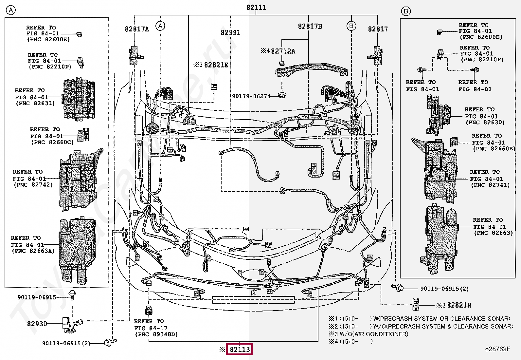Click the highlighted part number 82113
240,350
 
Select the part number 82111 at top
256,7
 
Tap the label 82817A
137,29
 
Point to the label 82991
230,32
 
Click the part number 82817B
310,27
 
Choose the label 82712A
283,51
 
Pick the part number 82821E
216,65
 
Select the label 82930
37,324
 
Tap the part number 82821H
459,305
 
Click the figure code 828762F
497,349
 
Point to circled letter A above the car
160,26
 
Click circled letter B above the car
351,26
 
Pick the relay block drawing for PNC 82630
439,115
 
